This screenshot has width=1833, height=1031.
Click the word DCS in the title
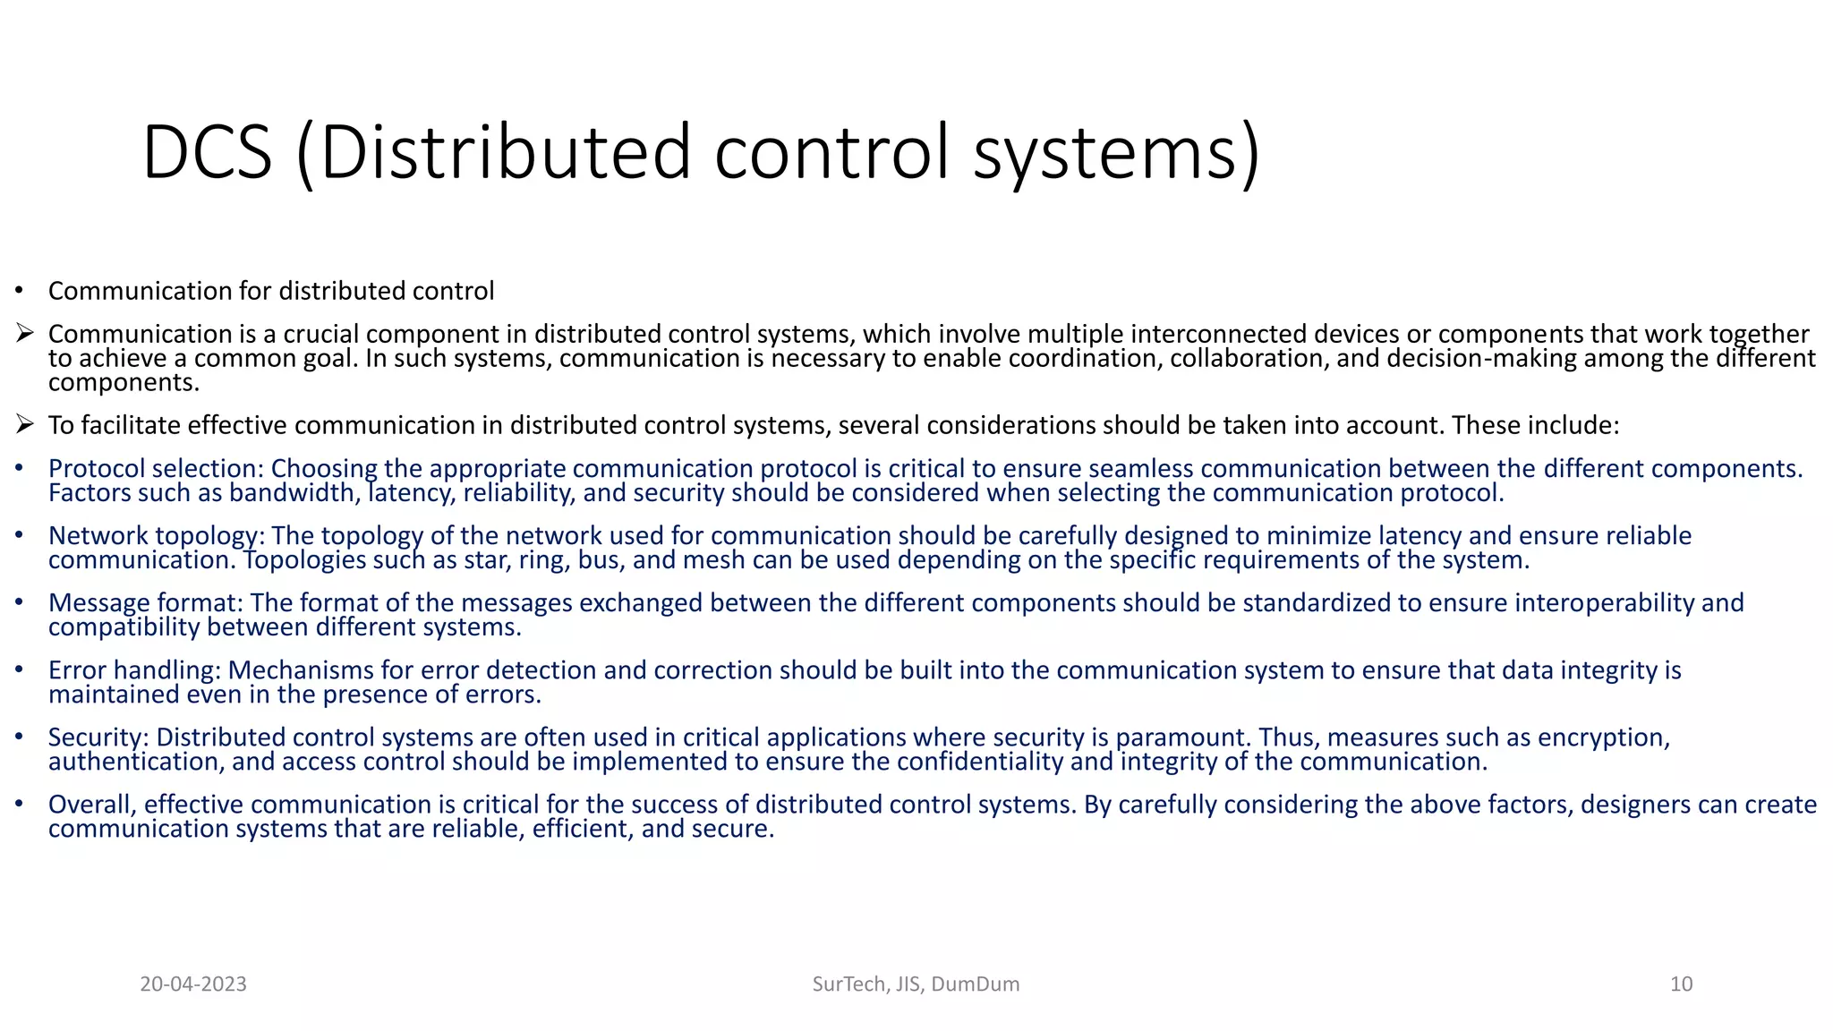point(207,153)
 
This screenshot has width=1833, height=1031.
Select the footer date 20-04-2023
point(193,984)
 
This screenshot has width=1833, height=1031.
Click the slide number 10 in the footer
point(1681,984)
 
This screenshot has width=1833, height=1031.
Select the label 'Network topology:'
point(157,536)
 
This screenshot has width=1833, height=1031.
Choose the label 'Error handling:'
point(135,670)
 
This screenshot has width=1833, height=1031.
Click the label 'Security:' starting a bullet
point(99,737)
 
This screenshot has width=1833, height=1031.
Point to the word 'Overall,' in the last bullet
point(92,805)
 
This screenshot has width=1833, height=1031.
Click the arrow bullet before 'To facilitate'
point(24,424)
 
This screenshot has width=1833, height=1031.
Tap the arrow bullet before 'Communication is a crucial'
point(24,334)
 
